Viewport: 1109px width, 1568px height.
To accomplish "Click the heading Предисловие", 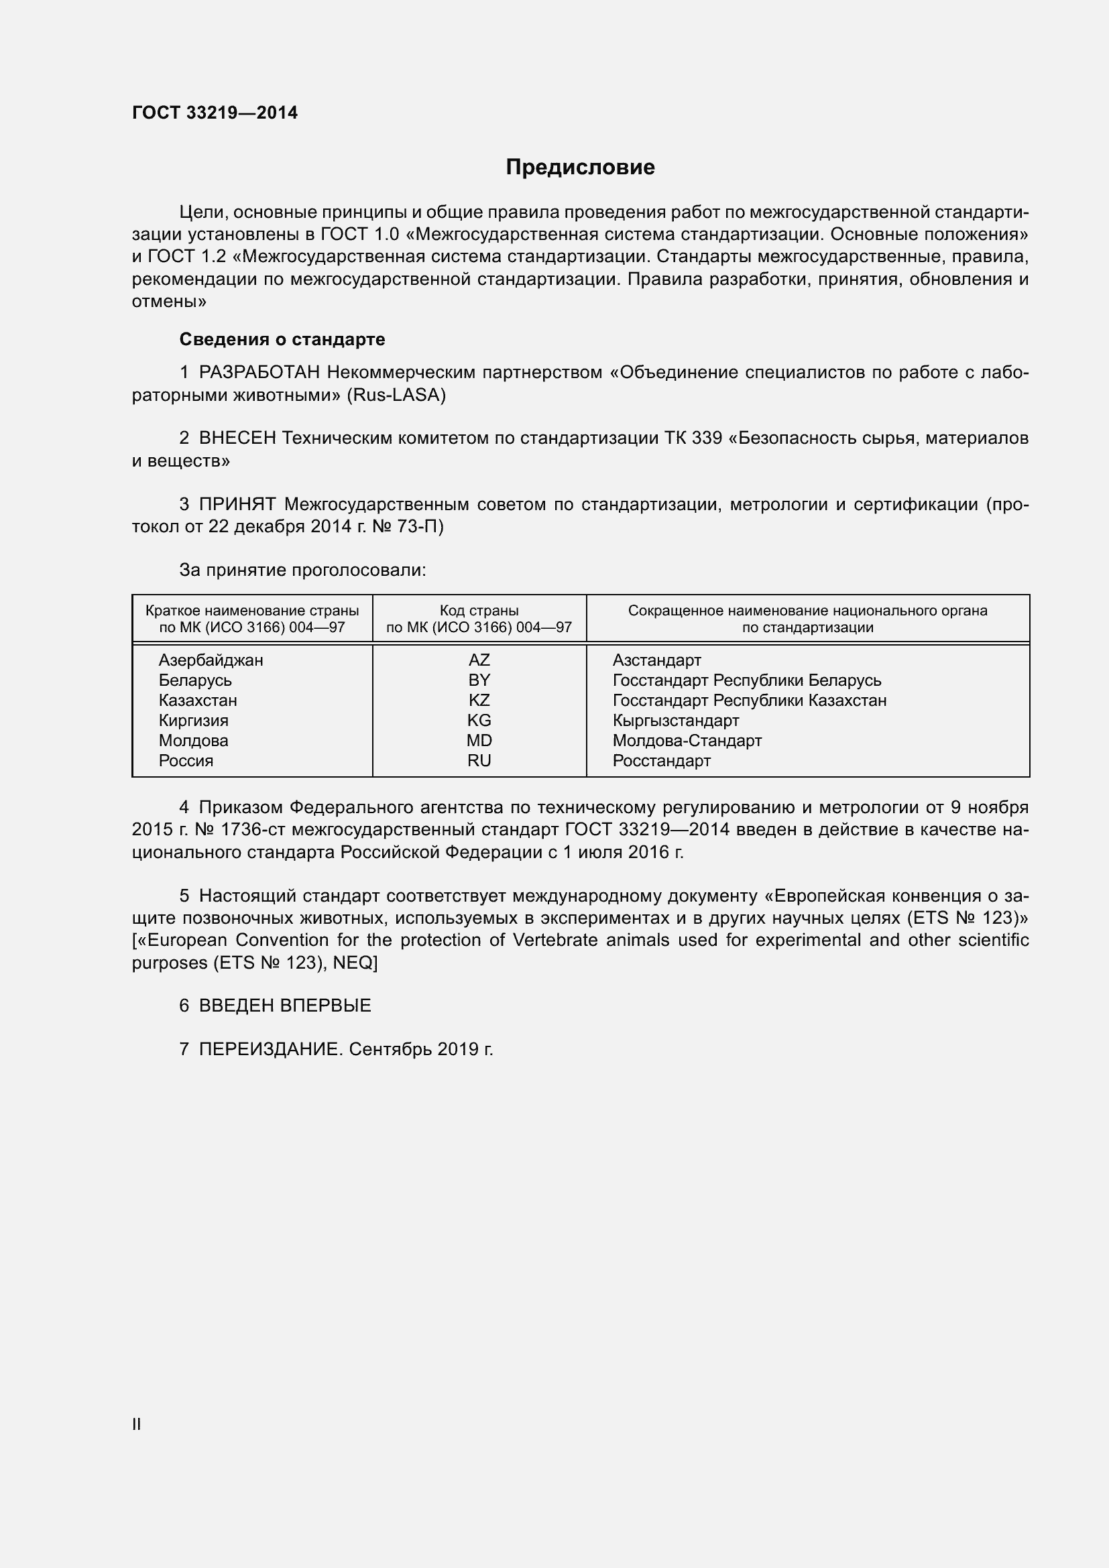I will (x=580, y=168).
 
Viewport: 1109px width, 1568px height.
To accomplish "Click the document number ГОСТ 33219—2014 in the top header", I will (x=215, y=113).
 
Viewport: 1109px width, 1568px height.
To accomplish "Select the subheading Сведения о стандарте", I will (x=282, y=339).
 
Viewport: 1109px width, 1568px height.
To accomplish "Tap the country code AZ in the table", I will (x=479, y=660).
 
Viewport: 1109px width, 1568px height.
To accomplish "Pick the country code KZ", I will (x=479, y=700).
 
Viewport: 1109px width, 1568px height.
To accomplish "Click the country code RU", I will (x=479, y=760).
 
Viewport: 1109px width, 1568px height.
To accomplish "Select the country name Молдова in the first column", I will (x=193, y=740).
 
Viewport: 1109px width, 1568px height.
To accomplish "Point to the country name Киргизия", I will (x=193, y=721).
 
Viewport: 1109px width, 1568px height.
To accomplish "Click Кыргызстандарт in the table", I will (x=675, y=721).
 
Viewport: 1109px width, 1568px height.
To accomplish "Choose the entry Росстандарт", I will (x=661, y=760).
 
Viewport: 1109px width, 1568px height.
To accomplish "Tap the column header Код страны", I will (x=479, y=611).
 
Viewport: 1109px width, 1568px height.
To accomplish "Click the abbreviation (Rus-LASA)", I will (x=396, y=396).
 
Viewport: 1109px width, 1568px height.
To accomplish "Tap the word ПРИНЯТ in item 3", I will (x=237, y=505).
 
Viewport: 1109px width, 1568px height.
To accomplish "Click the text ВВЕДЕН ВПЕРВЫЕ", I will (x=285, y=1006).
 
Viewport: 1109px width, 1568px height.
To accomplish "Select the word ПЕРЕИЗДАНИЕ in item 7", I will (x=269, y=1049).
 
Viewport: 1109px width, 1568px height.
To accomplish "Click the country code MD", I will (x=479, y=740).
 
